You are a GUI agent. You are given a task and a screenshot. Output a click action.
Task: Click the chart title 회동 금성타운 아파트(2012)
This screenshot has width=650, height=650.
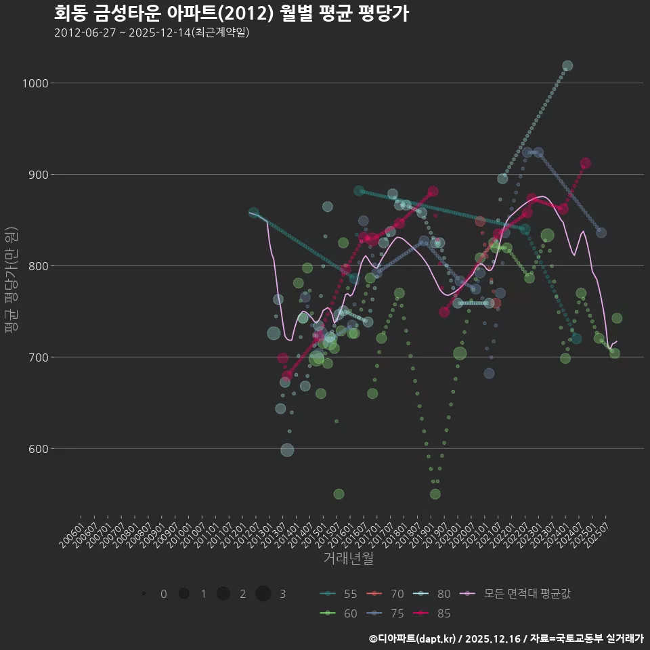[231, 14]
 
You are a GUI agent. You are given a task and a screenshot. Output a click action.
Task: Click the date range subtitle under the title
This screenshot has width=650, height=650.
[152, 32]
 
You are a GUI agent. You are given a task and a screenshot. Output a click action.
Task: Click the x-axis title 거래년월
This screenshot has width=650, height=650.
[348, 558]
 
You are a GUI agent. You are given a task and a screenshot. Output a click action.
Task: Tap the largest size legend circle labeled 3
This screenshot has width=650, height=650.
[263, 594]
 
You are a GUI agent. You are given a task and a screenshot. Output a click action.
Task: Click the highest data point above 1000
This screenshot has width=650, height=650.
[567, 66]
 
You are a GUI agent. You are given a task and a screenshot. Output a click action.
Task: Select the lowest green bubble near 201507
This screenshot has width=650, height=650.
[339, 494]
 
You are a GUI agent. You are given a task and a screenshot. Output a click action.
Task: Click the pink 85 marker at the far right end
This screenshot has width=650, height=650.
[586, 163]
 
